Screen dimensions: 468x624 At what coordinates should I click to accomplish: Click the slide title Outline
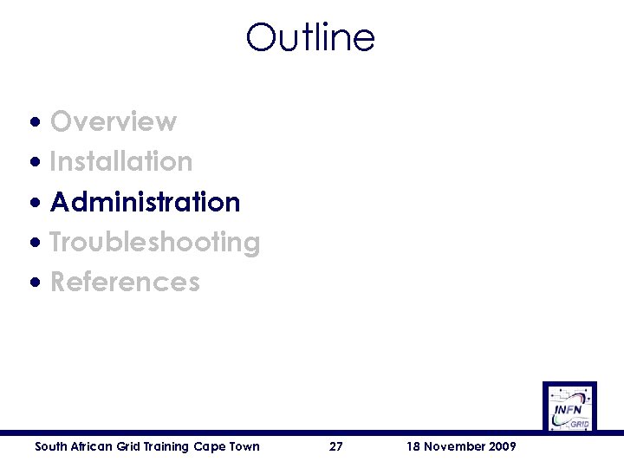point(310,37)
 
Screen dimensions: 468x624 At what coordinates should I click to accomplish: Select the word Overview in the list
point(114,121)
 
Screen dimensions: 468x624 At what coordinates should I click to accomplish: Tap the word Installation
point(121,161)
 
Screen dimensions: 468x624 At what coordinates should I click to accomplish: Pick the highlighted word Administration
point(146,202)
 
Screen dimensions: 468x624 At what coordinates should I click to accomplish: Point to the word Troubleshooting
point(155,242)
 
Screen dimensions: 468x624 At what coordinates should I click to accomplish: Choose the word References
point(125,282)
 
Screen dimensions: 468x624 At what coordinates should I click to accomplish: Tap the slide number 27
point(336,446)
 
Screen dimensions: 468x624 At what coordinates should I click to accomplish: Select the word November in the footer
point(452,446)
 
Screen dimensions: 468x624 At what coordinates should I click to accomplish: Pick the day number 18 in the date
point(413,446)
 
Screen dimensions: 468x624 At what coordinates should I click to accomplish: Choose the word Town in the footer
point(244,446)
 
